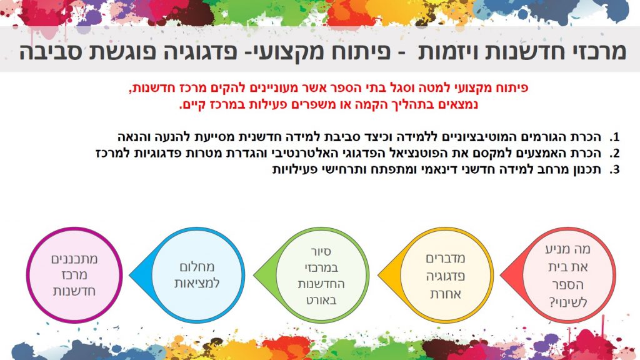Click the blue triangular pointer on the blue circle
139,275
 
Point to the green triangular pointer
264,275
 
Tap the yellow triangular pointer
388,275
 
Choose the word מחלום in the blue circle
197,267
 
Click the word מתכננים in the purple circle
74,259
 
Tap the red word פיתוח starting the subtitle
513,87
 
